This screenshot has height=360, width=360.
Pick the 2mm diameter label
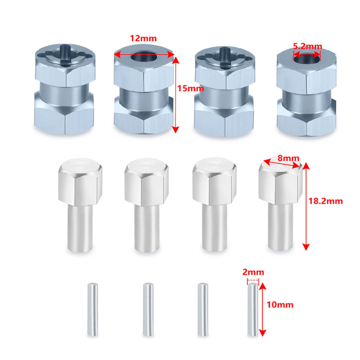253,272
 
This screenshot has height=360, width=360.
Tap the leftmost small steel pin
92,309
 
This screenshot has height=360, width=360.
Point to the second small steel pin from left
148,309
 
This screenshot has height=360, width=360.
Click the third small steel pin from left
202,309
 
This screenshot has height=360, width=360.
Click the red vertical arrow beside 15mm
176,93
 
